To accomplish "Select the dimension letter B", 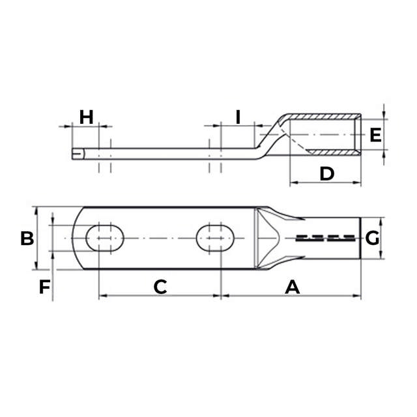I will tap(27, 238).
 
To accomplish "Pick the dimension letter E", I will tap(375, 135).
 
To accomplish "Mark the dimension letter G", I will tap(372, 238).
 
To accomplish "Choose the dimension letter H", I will tap(86, 117).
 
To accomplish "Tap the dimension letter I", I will tap(238, 117).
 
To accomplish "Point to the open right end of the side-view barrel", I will tap(358, 135).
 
